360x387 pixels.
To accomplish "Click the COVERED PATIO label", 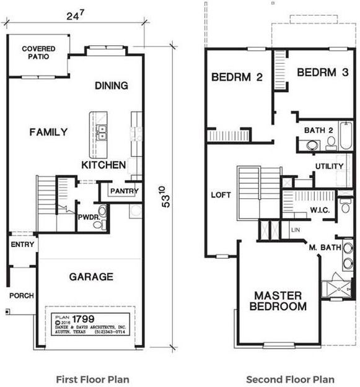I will click(x=38, y=53).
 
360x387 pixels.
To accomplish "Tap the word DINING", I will click(x=112, y=85).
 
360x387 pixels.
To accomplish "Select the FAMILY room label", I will click(x=48, y=132).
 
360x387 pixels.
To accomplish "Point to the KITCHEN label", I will click(x=103, y=165).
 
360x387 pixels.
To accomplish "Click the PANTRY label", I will click(x=125, y=191).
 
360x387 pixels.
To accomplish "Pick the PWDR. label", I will click(x=86, y=218).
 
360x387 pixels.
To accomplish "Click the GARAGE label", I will click(x=90, y=277).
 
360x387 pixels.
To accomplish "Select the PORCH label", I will click(x=22, y=295).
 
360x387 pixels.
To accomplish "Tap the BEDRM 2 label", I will click(x=237, y=77).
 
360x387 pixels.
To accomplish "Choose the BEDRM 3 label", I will click(x=322, y=72).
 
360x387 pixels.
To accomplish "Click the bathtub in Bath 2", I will click(x=345, y=136).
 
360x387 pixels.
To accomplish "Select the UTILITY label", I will click(x=328, y=167).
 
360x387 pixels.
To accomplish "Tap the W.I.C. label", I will click(x=320, y=209).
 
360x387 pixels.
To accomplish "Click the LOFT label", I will click(x=221, y=195).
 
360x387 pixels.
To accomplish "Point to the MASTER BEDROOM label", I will click(x=278, y=300).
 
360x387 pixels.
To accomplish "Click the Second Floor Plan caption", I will click(x=290, y=379).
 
